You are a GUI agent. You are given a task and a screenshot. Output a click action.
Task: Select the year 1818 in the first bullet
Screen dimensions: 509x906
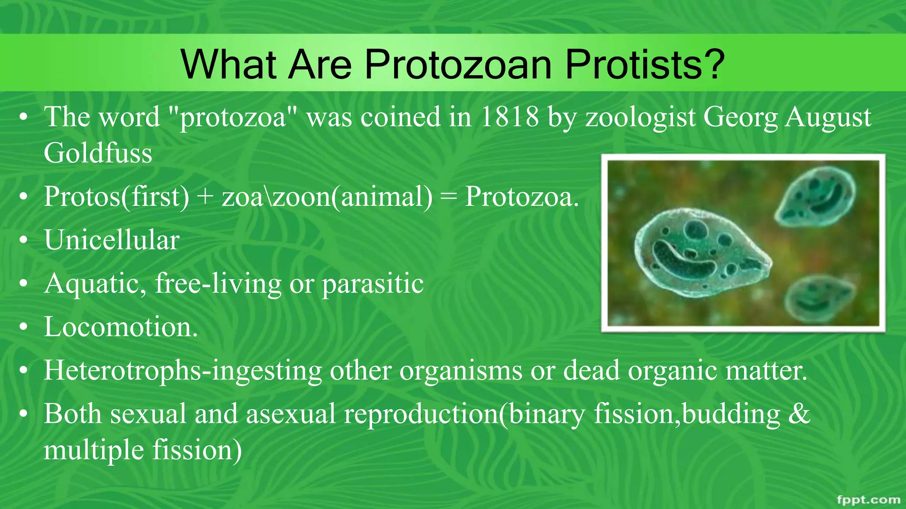coord(509,117)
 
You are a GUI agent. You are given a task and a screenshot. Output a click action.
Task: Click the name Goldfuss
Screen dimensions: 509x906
coord(98,153)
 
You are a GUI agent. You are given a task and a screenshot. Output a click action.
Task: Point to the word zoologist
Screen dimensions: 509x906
coord(641,118)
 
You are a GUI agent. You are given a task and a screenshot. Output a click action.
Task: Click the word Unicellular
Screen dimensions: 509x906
coord(111,240)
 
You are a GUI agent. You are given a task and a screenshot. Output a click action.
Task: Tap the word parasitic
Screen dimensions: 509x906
coord(372,284)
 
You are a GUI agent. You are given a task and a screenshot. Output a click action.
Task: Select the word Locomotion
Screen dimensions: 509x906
coord(120,327)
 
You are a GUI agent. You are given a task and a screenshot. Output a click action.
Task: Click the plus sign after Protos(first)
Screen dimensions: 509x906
coord(205,197)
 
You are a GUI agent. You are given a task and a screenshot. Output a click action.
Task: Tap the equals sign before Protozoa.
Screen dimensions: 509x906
coord(448,197)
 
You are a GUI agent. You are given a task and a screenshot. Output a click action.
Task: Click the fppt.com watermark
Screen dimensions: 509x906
coord(868,500)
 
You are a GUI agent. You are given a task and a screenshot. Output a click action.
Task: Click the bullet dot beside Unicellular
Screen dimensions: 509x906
coord(24,241)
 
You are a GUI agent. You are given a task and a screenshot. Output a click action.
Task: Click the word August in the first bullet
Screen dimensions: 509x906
coord(828,117)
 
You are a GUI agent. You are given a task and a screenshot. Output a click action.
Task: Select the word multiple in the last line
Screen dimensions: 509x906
coord(93,450)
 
